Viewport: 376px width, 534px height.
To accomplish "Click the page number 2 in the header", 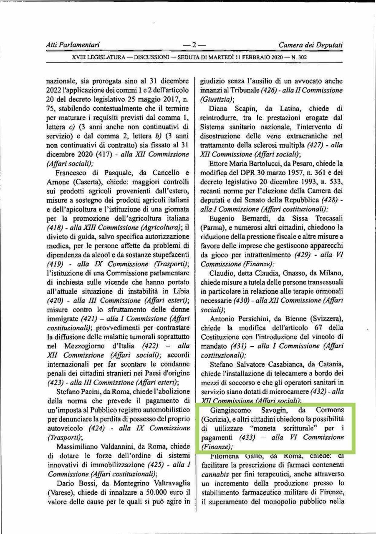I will pos(194,45).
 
